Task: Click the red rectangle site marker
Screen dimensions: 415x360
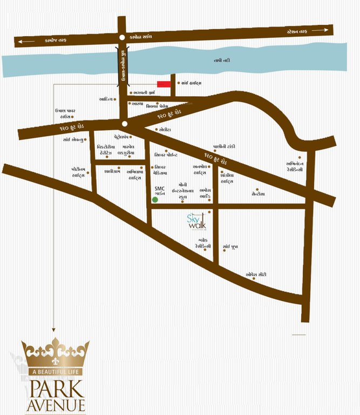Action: pos(165,84)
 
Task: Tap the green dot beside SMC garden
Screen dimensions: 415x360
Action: pos(155,200)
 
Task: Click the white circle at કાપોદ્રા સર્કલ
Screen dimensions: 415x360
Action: pos(120,37)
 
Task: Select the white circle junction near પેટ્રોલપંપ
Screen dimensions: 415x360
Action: pos(125,124)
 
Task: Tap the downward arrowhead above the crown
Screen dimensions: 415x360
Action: pos(55,331)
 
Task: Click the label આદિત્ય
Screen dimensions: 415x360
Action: pos(105,99)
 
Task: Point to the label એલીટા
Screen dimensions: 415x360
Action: pos(165,130)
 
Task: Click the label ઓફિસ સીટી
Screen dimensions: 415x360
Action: pos(256,275)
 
